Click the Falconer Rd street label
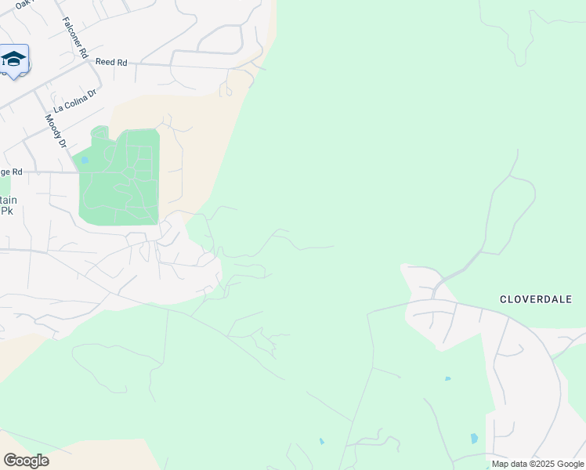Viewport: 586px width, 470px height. (75, 36)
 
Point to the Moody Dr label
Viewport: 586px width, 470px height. (54, 131)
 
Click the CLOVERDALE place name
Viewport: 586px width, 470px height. (536, 299)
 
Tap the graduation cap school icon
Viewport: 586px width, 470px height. (13, 60)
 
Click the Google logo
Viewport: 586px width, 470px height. (26, 461)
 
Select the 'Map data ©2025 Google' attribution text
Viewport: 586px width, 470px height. (538, 464)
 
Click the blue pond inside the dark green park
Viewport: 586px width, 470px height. (84, 161)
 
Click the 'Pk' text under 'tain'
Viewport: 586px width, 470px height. (7, 211)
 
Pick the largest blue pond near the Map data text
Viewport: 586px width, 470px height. (475, 439)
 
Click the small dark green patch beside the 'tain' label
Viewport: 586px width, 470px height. (4, 186)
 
